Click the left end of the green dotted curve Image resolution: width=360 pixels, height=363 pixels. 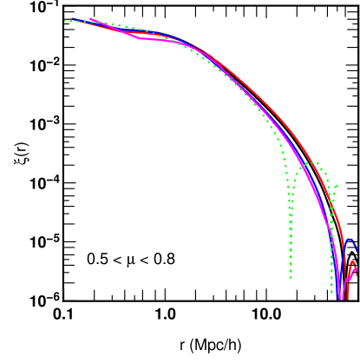(65, 20)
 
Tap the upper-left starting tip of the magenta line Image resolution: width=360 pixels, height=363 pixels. (90, 18)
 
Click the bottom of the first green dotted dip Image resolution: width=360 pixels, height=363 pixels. (291, 278)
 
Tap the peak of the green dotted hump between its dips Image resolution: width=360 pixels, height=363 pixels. (314, 162)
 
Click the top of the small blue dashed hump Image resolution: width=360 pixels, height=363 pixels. (350, 240)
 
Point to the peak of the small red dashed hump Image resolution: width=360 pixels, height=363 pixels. (353, 261)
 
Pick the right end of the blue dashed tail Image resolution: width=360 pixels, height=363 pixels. (357, 251)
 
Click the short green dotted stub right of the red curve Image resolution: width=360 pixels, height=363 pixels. (336, 186)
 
